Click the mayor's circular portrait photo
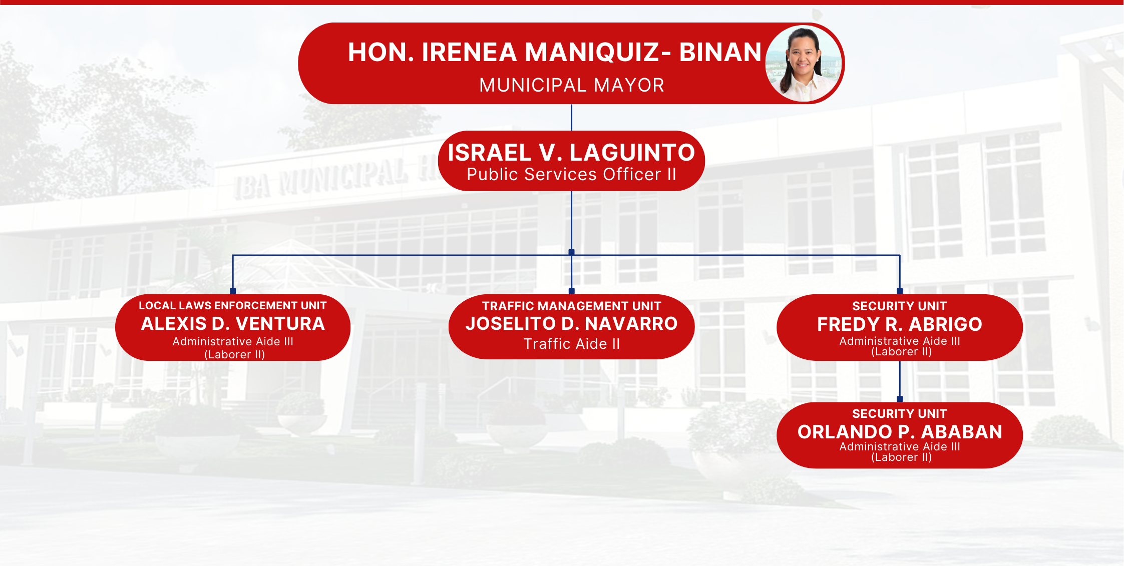tap(804, 64)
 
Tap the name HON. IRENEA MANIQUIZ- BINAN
tap(555, 52)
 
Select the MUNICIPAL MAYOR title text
tap(571, 85)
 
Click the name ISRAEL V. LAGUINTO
tap(571, 152)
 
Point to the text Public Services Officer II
tap(571, 174)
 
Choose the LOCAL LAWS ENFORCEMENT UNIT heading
tap(232, 305)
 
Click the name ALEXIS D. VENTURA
tap(233, 324)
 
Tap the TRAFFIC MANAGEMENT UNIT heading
tap(571, 306)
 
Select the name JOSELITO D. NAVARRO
tap(571, 324)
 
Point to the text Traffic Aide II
tap(571, 344)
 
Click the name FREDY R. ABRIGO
tap(899, 324)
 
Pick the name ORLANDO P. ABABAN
tap(899, 432)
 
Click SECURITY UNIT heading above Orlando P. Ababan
tap(899, 413)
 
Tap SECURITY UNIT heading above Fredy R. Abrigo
tap(899, 306)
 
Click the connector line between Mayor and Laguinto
tap(571, 118)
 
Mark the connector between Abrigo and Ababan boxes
tap(900, 379)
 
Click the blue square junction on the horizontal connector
tap(571, 252)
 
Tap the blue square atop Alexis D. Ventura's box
tap(233, 291)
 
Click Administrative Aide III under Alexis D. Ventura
tap(233, 341)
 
